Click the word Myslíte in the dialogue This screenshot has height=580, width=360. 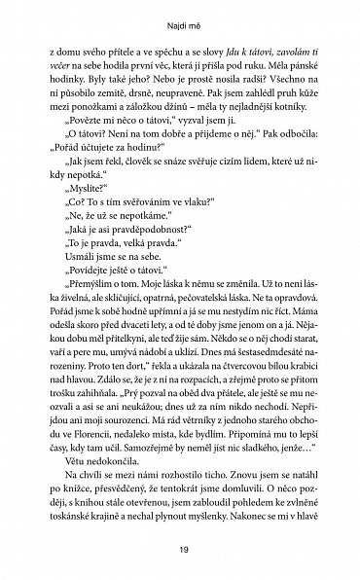click(97, 195)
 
